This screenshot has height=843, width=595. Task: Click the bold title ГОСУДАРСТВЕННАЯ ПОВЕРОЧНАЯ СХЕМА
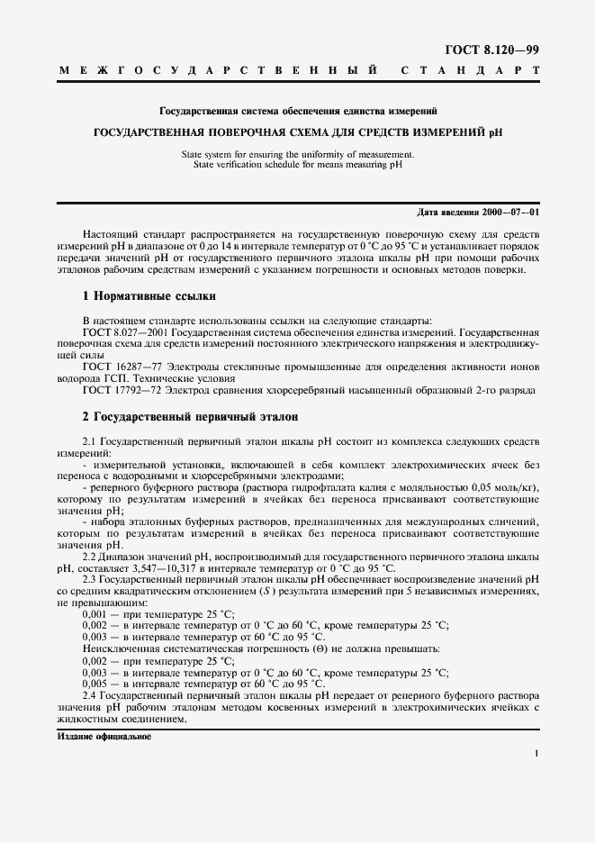pyautogui.click(x=297, y=131)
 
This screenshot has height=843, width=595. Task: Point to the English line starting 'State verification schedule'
pyautogui.click(x=297, y=165)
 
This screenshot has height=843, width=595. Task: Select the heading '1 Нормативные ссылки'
pyautogui.click(x=149, y=296)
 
